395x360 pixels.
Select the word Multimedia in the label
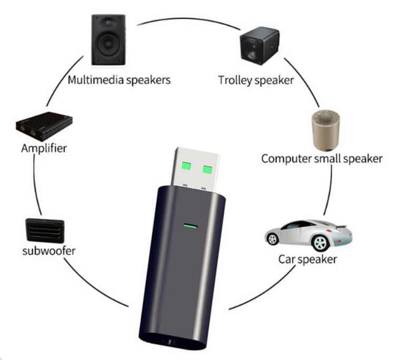92,81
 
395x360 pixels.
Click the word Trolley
235,81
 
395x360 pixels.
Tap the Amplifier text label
44,148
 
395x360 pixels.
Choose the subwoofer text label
48,250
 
